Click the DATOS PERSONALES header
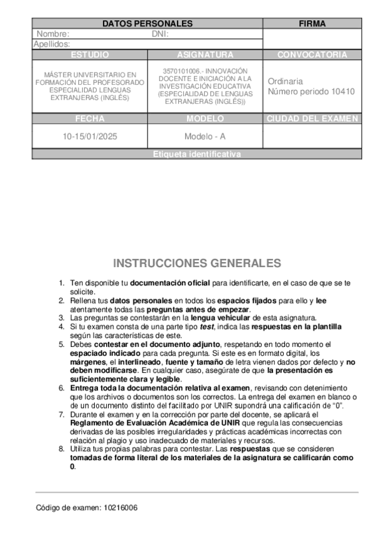(147, 24)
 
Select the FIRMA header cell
(312, 24)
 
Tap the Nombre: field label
(53, 34)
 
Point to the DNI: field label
(160, 34)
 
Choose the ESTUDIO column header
(89, 55)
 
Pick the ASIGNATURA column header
(205, 55)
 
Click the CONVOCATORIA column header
(312, 55)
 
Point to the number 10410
(343, 91)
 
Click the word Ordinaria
(285, 81)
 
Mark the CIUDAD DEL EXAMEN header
(312, 119)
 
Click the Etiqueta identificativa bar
(196, 154)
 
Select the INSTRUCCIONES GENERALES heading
(196, 263)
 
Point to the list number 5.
(62, 344)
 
